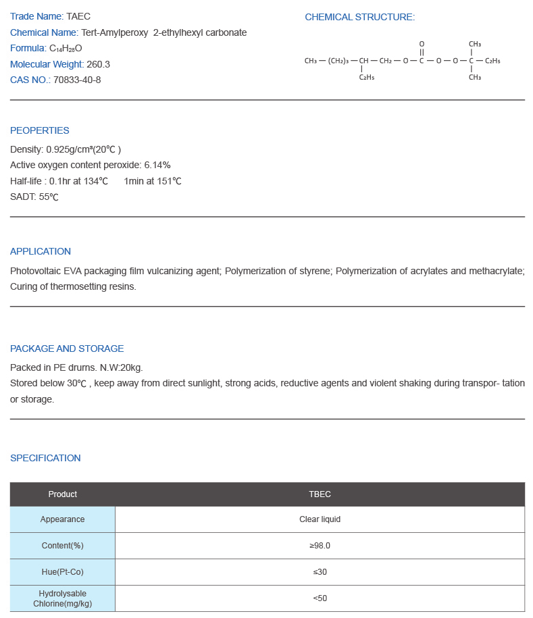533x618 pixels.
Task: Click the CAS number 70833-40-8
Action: click(x=77, y=80)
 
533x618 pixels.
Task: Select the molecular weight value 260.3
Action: click(x=98, y=64)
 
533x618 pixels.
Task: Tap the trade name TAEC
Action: click(x=78, y=16)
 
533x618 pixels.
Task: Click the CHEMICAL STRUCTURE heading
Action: click(x=359, y=17)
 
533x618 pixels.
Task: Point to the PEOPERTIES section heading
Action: click(x=40, y=130)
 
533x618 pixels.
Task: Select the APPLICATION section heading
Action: click(x=41, y=251)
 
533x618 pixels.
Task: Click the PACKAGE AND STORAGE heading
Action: click(x=67, y=349)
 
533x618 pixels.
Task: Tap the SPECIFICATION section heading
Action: click(x=45, y=458)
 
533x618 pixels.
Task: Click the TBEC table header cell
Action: click(x=320, y=494)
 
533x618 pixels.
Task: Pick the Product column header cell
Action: click(x=63, y=494)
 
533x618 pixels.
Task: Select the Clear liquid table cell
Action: click(x=320, y=519)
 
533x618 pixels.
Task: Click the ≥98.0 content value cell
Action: click(x=320, y=546)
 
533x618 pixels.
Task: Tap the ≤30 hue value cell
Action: click(x=320, y=572)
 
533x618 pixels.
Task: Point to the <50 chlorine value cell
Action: click(x=320, y=598)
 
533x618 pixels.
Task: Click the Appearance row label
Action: click(x=63, y=519)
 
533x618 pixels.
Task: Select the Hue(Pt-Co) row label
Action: click(x=63, y=572)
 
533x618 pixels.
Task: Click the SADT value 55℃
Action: click(x=49, y=197)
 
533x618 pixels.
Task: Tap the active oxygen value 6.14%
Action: click(x=157, y=165)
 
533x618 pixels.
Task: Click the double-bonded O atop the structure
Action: click(x=422, y=44)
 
